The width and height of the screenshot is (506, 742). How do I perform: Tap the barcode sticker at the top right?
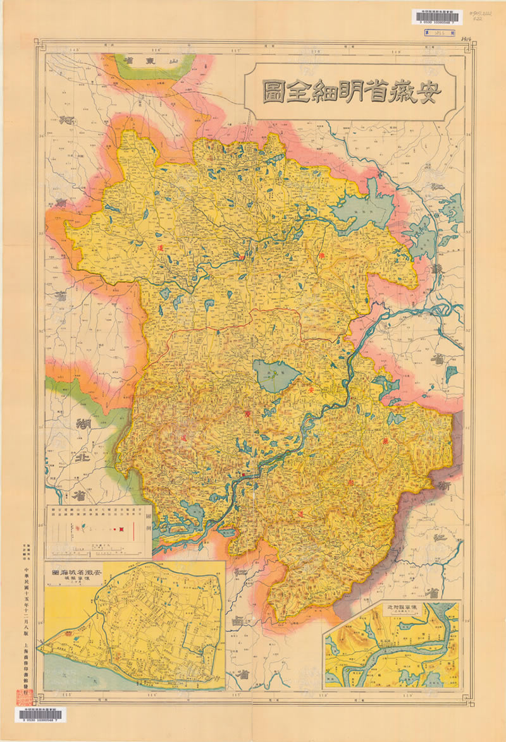pos(440,18)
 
